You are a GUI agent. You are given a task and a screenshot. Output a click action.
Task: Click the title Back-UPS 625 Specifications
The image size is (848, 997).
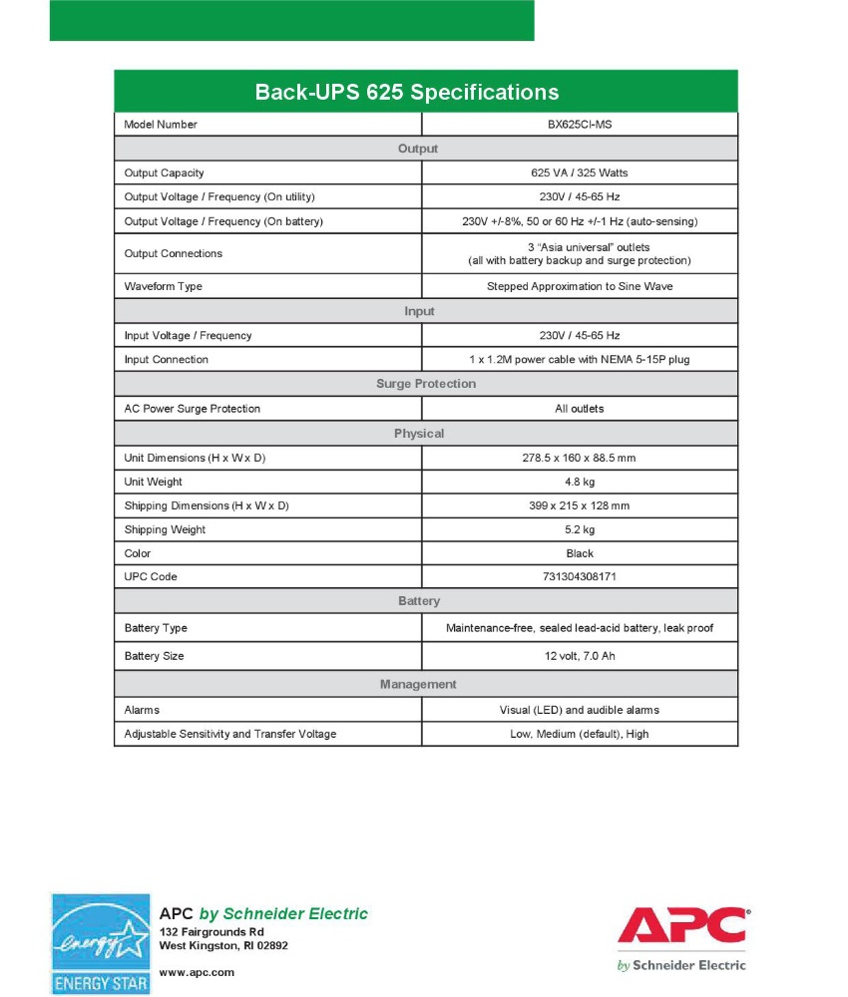point(407,93)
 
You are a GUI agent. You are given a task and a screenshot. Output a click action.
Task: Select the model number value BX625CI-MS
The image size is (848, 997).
point(580,125)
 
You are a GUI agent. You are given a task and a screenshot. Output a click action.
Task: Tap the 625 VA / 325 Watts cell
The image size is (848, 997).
point(580,172)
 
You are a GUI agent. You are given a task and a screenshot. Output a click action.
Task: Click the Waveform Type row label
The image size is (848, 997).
point(163,286)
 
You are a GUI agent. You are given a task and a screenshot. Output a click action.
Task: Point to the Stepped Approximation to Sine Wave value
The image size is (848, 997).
point(580,286)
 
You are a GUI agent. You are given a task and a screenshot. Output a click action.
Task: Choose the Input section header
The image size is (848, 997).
point(419,311)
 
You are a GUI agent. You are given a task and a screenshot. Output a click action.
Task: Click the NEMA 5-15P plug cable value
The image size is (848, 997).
point(580,359)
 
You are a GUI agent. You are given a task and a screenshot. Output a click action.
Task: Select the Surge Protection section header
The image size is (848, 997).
point(426,384)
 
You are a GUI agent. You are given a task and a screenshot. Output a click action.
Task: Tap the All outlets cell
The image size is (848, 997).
point(580,409)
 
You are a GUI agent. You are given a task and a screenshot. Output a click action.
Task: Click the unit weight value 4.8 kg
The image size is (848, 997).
point(580,482)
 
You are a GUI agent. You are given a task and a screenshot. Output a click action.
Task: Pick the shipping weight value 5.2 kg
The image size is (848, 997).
point(580,529)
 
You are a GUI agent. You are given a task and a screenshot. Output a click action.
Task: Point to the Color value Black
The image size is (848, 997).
point(580,553)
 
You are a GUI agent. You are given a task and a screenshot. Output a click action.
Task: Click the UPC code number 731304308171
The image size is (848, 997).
point(580,577)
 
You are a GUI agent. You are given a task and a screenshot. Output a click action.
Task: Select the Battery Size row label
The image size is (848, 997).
point(154,656)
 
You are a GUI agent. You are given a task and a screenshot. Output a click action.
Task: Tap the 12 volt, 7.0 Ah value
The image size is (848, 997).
point(580,656)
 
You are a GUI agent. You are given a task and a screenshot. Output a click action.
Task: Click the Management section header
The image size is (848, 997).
point(418,684)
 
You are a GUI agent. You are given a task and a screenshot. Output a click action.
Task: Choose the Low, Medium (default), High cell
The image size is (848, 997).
point(580,734)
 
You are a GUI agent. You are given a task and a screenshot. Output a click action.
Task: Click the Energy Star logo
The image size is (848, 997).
point(101,943)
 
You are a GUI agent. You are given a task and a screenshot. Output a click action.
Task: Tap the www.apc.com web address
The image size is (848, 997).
point(197,972)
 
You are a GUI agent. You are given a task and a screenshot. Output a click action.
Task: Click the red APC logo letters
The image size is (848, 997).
point(682,926)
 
